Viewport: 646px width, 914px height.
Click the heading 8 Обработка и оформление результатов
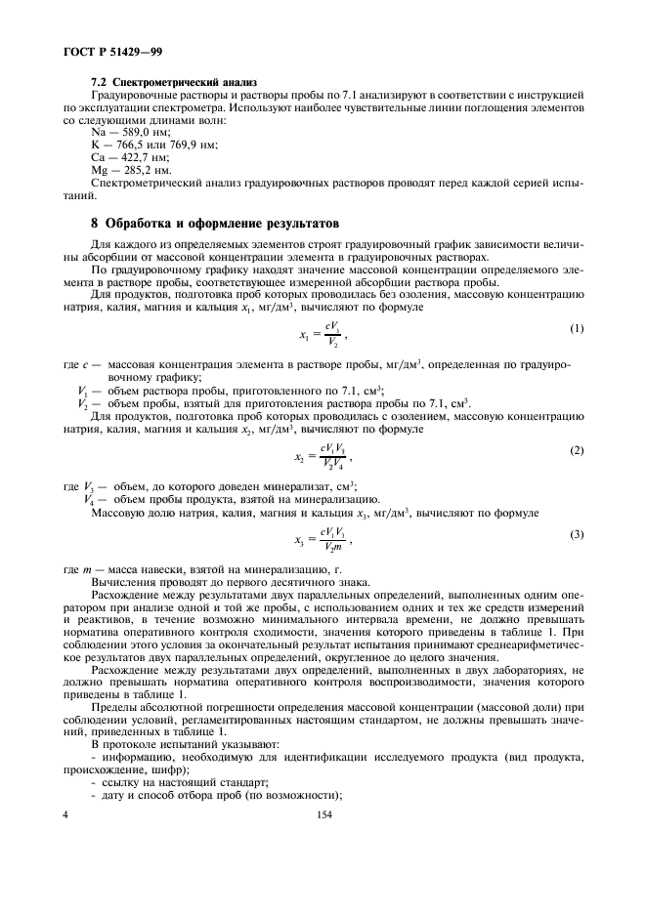point(213,222)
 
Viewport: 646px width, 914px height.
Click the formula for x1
point(323,335)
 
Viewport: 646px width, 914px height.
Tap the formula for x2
point(323,455)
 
